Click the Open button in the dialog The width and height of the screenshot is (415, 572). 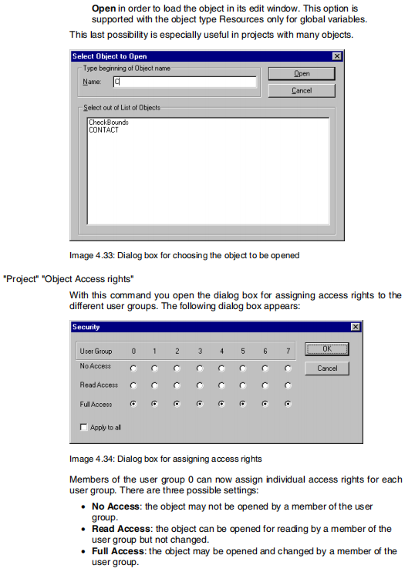(x=302, y=74)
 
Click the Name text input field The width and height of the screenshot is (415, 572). (x=184, y=82)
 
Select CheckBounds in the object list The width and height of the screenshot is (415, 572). (x=109, y=123)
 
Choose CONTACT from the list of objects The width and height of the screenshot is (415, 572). (x=103, y=130)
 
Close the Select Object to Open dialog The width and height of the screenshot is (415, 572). (x=337, y=56)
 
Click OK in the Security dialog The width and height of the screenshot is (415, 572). (x=327, y=349)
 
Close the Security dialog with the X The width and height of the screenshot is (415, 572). (x=356, y=327)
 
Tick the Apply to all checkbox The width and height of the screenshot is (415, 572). (x=83, y=427)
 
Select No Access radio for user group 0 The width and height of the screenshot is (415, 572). (x=133, y=368)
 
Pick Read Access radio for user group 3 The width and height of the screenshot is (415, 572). (x=200, y=385)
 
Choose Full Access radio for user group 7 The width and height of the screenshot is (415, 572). (x=288, y=404)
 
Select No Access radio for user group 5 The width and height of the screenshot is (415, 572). (x=243, y=368)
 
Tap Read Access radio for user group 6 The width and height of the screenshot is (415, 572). (x=265, y=385)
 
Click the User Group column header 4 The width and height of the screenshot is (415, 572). (x=221, y=351)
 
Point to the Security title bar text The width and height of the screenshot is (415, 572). (x=86, y=327)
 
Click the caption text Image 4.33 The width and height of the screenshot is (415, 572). (x=91, y=255)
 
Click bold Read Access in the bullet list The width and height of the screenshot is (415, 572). (x=121, y=529)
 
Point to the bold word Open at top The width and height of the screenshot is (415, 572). (x=103, y=8)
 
